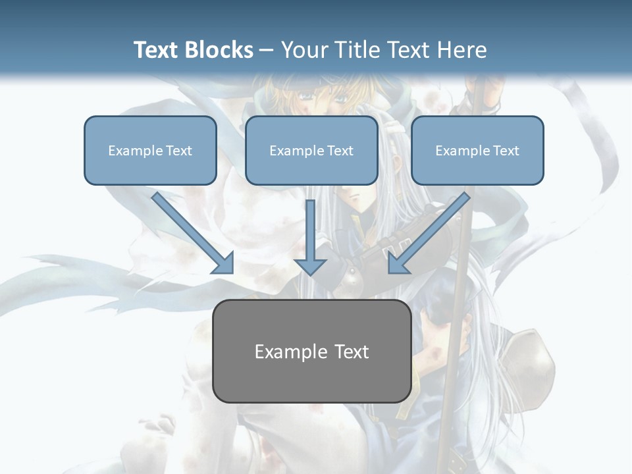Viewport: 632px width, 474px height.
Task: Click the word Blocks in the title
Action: pyautogui.click(x=221, y=50)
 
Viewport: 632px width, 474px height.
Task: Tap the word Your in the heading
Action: pyautogui.click(x=303, y=50)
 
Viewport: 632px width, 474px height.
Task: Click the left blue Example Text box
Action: pyautogui.click(x=150, y=151)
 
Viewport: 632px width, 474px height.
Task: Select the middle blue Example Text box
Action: pyautogui.click(x=311, y=151)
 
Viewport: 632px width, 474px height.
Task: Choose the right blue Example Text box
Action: pyautogui.click(x=477, y=151)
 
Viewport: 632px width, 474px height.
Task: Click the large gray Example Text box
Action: pyautogui.click(x=311, y=352)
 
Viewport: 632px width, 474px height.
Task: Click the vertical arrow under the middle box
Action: pyautogui.click(x=310, y=230)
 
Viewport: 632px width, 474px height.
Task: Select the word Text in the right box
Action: pyautogui.click(x=506, y=151)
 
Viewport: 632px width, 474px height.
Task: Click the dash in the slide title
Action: pyautogui.click(x=267, y=51)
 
